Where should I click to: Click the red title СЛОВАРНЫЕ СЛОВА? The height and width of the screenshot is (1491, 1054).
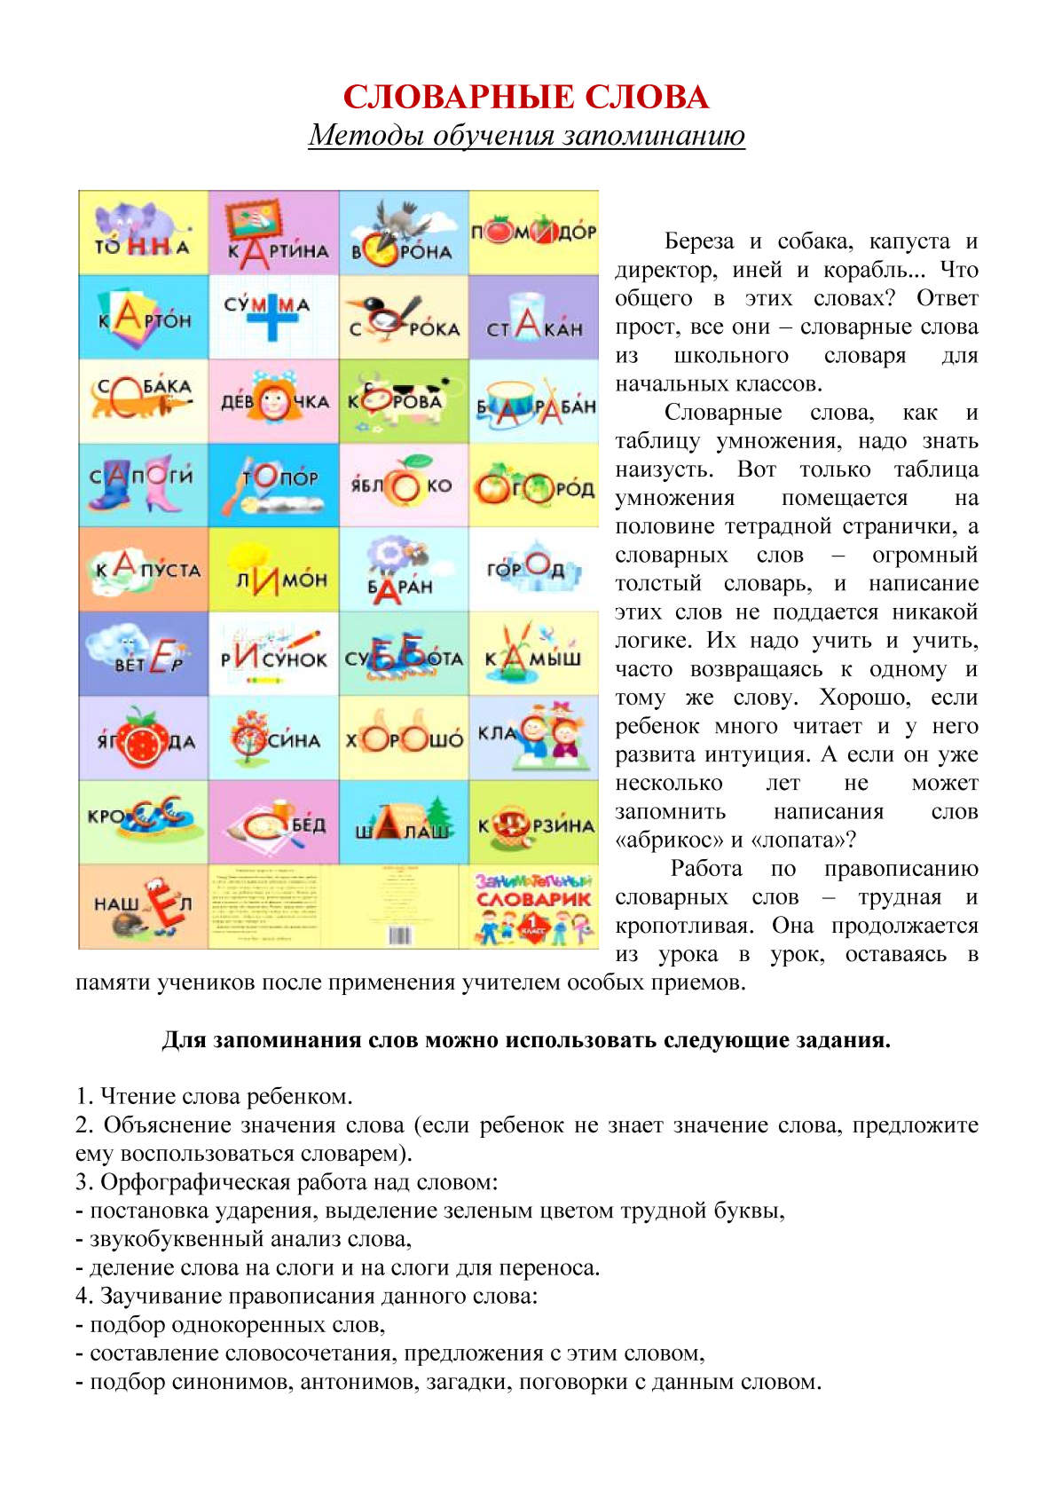coord(526,97)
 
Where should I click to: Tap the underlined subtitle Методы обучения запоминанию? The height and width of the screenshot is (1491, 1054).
coord(526,136)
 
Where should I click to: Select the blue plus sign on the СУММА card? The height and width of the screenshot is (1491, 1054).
coord(274,314)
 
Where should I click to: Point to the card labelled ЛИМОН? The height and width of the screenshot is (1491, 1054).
coord(274,569)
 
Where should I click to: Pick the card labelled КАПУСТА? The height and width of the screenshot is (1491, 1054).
coord(144,569)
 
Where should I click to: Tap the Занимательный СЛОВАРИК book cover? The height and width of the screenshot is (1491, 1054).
coord(533,906)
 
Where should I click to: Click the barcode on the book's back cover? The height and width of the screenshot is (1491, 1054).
coord(399,935)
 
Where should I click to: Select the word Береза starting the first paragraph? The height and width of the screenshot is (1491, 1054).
coord(699,241)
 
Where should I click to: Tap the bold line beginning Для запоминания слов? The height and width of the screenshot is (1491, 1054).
coord(526,1040)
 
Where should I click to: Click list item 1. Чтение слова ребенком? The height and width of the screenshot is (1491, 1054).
coord(214,1096)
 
